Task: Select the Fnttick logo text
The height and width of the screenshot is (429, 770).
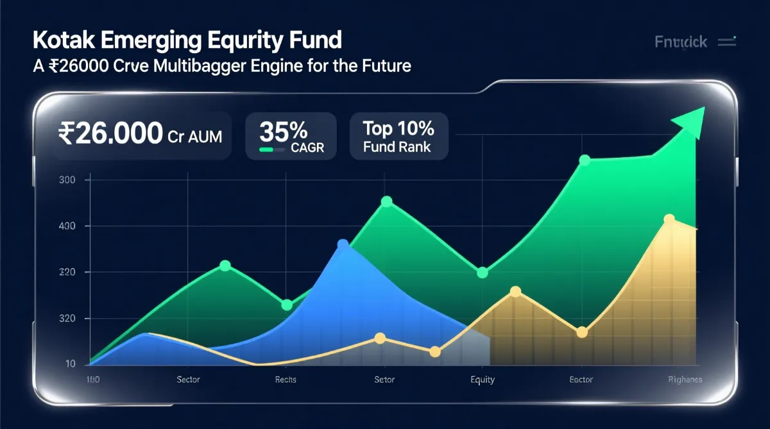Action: [x=681, y=42]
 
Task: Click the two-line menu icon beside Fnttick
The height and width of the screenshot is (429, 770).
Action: [x=727, y=42]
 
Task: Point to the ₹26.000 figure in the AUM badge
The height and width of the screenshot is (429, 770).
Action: [x=110, y=134]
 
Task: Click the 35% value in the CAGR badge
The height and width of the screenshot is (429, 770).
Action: [x=283, y=131]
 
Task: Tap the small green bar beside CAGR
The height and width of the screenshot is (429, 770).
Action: [x=273, y=149]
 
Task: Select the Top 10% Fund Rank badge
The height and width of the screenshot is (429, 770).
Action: [x=398, y=137]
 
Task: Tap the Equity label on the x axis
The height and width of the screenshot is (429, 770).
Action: [x=483, y=380]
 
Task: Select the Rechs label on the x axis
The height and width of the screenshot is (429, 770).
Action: [x=286, y=380]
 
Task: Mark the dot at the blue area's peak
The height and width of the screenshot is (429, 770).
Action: [x=343, y=244]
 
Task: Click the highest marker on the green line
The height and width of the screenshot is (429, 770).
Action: [x=584, y=160]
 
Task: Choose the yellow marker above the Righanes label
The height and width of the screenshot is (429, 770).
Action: [x=669, y=220]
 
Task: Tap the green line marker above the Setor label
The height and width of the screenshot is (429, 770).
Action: [x=386, y=201]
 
